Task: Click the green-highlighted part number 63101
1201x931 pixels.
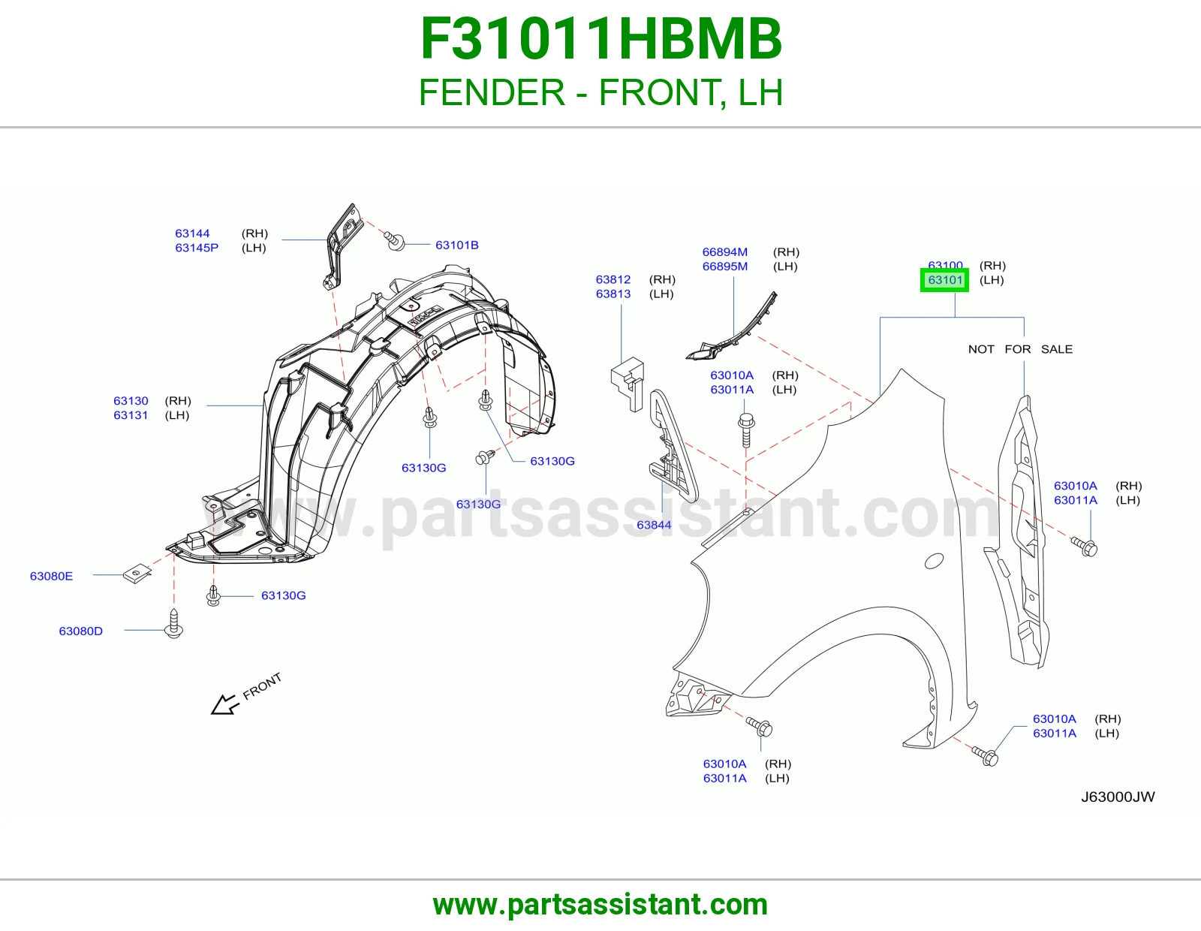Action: click(x=944, y=280)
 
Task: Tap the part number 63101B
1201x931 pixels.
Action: click(x=456, y=245)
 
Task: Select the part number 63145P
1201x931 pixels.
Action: click(x=197, y=248)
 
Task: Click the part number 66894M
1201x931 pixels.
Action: click(x=724, y=252)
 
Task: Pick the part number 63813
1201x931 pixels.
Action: click(x=613, y=294)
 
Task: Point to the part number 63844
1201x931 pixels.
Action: click(x=654, y=525)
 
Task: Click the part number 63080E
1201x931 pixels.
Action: click(x=51, y=576)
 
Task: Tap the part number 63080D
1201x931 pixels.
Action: click(x=81, y=631)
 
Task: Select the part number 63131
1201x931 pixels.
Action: click(x=131, y=415)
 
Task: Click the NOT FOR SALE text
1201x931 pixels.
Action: click(x=1020, y=349)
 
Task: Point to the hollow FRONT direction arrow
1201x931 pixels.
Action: click(x=225, y=705)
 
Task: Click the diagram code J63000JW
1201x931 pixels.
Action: click(x=1118, y=797)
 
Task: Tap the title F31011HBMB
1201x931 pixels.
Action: click(x=600, y=38)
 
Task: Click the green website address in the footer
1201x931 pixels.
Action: click(x=600, y=905)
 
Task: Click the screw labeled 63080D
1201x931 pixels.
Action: click(x=173, y=624)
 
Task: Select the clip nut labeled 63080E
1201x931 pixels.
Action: click(x=137, y=574)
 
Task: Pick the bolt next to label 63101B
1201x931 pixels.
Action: click(x=395, y=241)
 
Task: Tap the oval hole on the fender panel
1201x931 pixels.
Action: click(x=934, y=561)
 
